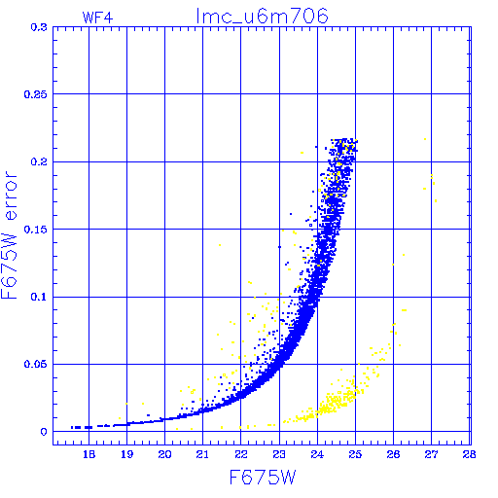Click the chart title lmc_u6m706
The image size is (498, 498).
click(x=262, y=17)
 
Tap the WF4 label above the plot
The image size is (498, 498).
click(x=97, y=18)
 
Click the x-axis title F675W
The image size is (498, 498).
click(x=263, y=478)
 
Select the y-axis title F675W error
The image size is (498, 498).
click(x=9, y=235)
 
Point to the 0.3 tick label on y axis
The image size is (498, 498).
click(x=39, y=27)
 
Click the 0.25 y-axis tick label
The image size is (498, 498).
click(x=36, y=94)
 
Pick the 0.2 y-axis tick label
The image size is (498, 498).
click(x=39, y=161)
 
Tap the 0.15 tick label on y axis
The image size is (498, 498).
click(x=36, y=230)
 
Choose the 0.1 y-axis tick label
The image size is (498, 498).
click(x=39, y=297)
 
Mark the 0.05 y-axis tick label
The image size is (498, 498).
click(x=36, y=364)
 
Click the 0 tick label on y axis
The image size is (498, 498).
click(x=44, y=432)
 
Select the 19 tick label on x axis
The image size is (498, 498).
click(x=127, y=454)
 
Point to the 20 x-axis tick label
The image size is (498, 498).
click(x=165, y=454)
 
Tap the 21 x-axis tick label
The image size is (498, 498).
click(x=203, y=454)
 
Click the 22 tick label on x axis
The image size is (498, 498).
click(x=241, y=454)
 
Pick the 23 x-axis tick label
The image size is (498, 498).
click(x=279, y=454)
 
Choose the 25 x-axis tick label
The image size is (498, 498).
click(x=355, y=454)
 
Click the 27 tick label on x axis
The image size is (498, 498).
click(x=432, y=454)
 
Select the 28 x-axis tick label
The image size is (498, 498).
click(x=470, y=454)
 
